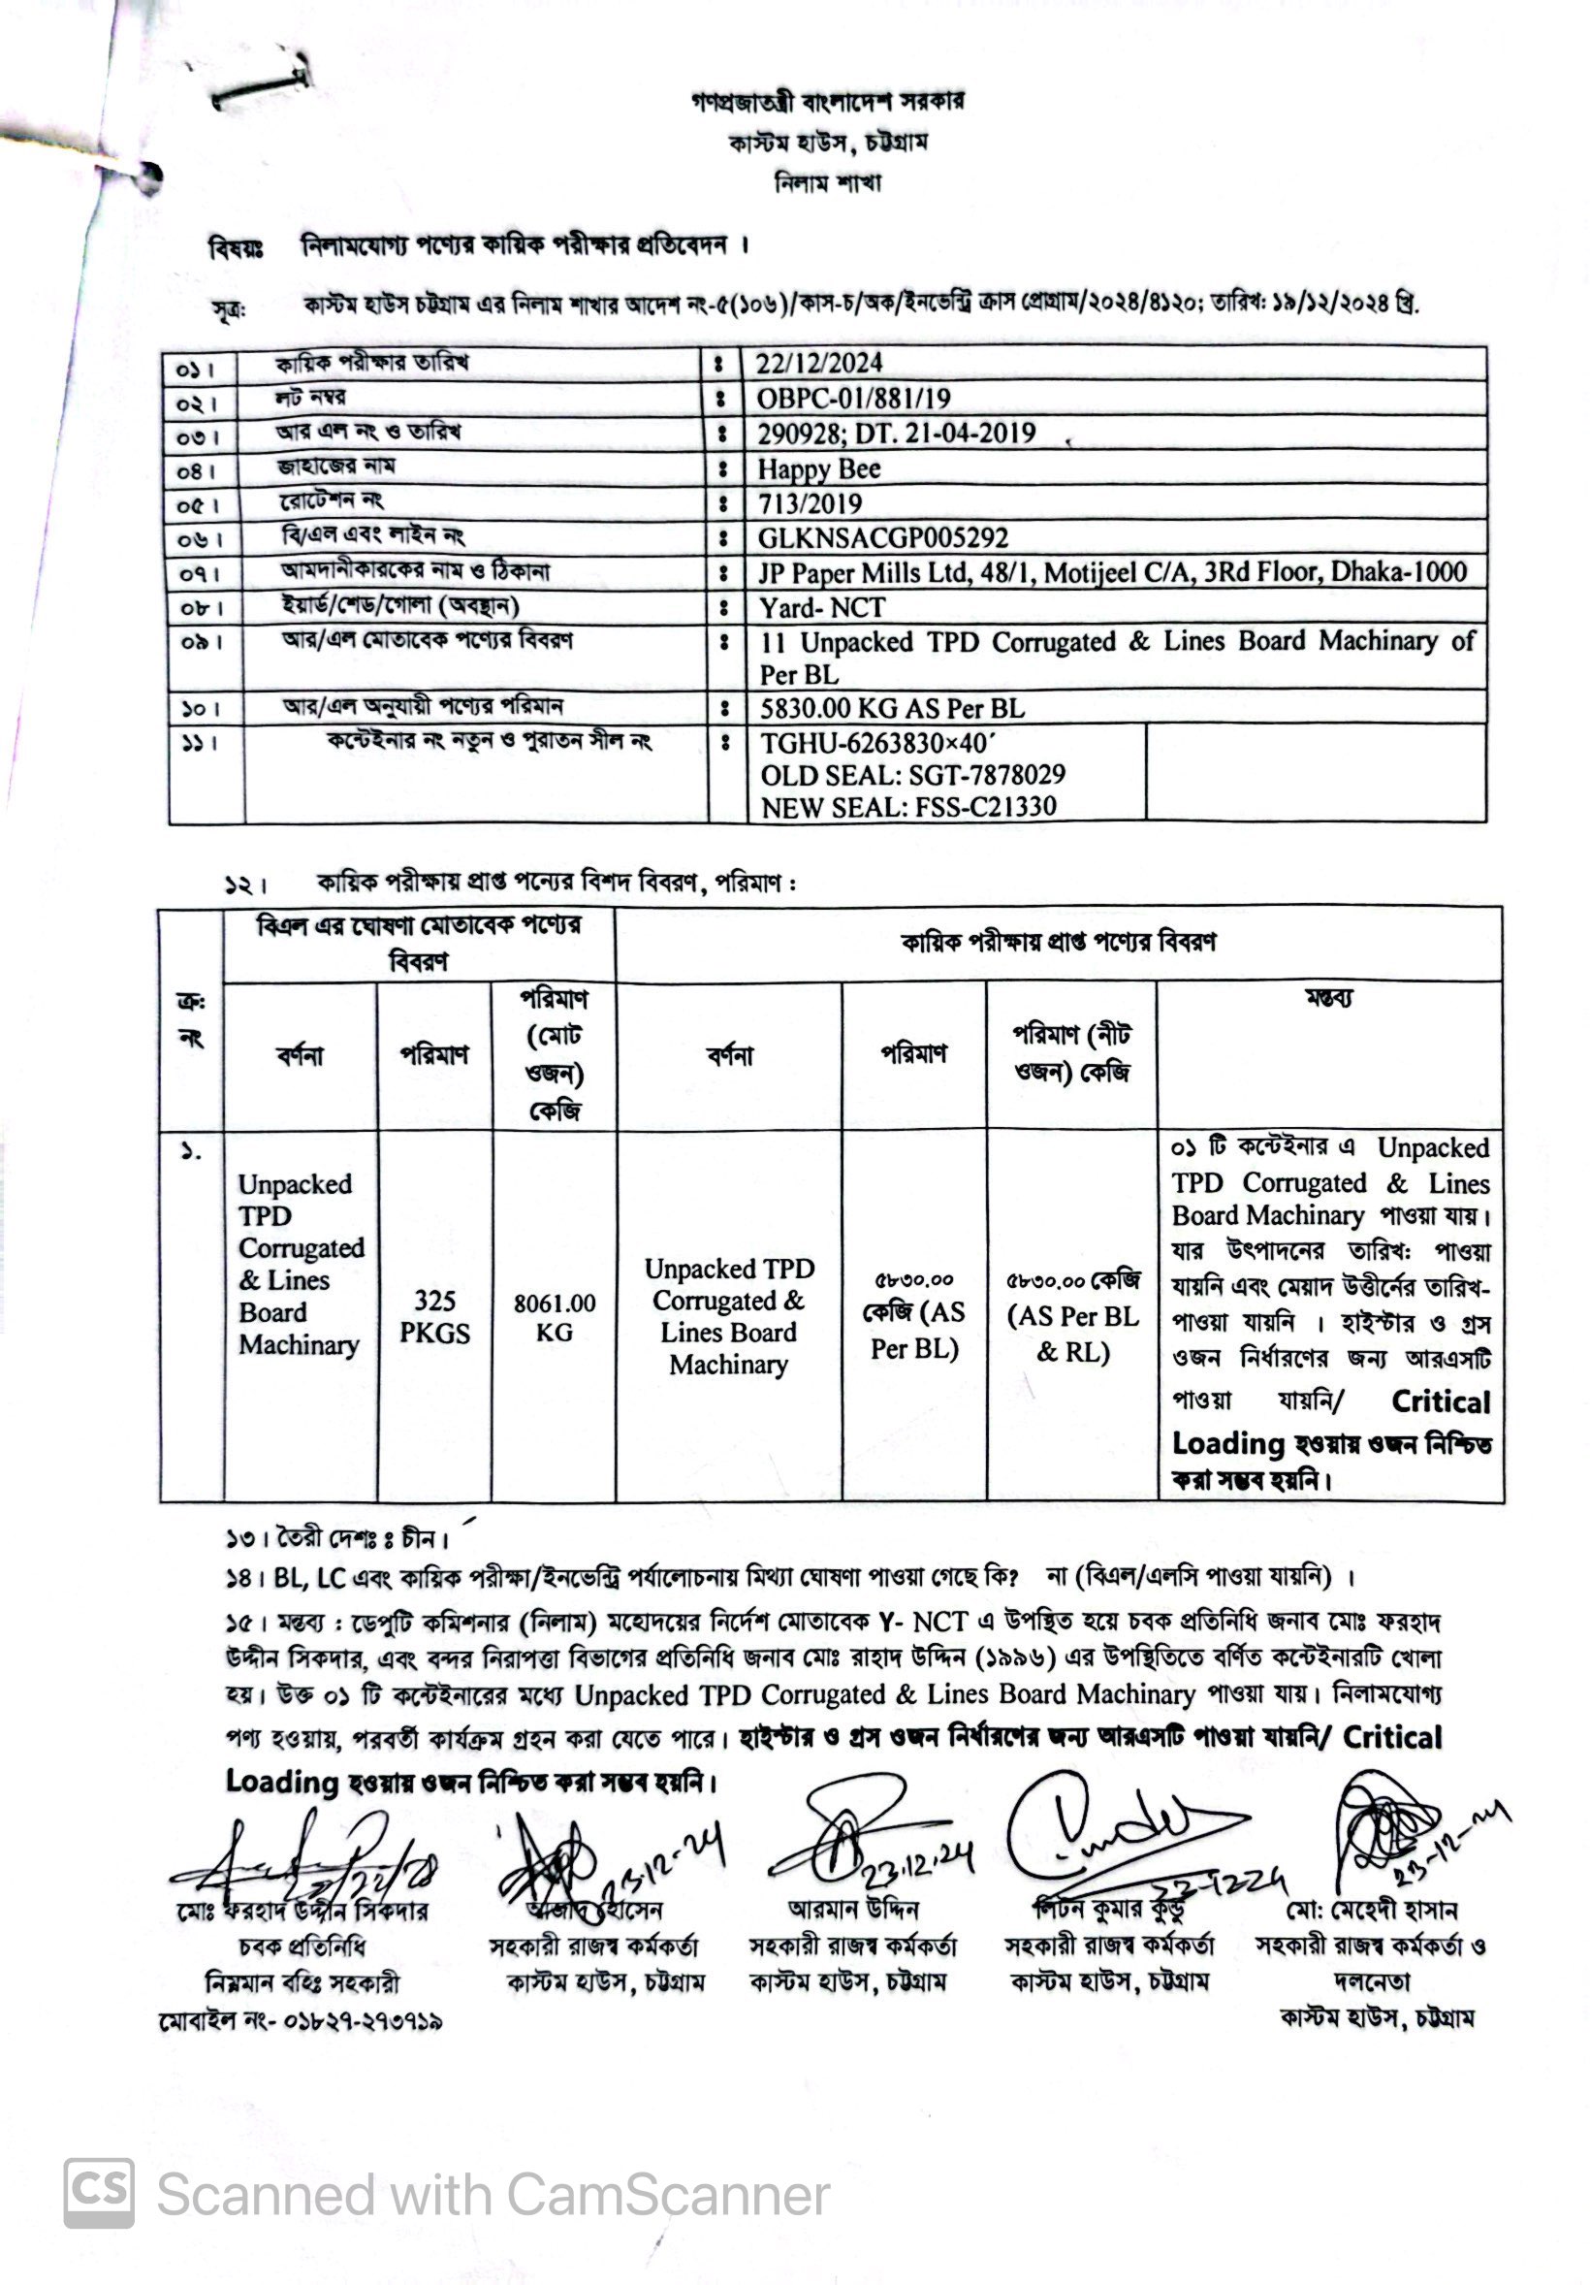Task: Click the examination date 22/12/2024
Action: click(819, 364)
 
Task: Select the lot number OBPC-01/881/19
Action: click(853, 399)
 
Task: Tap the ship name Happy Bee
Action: click(819, 468)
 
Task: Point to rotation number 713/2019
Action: click(810, 503)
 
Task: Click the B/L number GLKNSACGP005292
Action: click(882, 538)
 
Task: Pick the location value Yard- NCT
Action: click(822, 607)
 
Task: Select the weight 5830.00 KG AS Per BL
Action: click(892, 709)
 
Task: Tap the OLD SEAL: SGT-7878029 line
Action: click(912, 775)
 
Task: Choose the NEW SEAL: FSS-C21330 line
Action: click(908, 807)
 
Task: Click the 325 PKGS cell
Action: click(434, 1316)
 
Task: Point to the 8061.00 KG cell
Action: click(555, 1317)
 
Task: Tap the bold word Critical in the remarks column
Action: click(1440, 1401)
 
